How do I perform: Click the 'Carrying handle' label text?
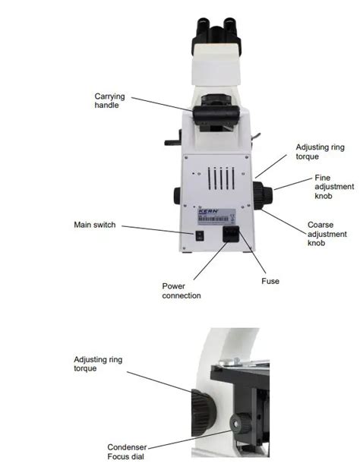[x=109, y=101]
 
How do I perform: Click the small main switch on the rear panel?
[x=200, y=235]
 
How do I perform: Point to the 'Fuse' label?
[x=270, y=281]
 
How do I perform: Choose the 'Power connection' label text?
[x=182, y=291]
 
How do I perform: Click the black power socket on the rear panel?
[x=230, y=235]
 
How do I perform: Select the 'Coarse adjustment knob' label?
[x=320, y=233]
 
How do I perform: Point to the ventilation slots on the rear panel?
[x=219, y=180]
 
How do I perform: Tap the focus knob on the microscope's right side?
[x=262, y=195]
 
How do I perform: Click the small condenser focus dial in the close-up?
[x=242, y=423]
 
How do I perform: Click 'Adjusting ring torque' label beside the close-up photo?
[x=97, y=364]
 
